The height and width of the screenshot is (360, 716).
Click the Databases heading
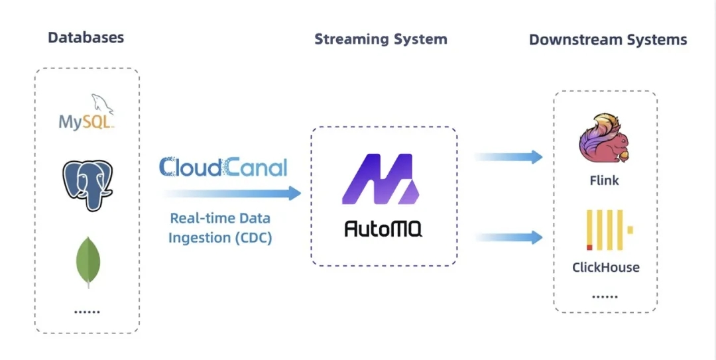86,37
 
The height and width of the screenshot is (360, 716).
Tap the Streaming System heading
381,39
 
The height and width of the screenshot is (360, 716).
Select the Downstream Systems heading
607,40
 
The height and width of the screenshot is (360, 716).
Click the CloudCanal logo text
223,166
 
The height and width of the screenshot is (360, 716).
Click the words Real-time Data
220,218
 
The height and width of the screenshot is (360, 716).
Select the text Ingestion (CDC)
220,238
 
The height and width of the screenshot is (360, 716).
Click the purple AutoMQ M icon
381,179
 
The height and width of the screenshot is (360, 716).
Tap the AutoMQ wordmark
383,229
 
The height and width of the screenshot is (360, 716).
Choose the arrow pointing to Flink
508,157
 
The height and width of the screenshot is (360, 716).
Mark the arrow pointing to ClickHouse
508,237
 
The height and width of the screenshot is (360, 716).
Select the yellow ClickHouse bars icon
605,230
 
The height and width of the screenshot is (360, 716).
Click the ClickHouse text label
606,268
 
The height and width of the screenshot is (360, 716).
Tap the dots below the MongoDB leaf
88,310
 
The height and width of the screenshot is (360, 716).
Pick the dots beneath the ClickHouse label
605,297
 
